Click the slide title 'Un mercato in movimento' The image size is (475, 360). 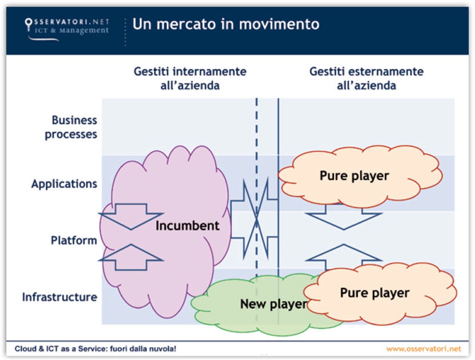226,24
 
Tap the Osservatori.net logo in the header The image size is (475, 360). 66,27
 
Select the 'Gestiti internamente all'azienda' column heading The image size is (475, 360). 190,79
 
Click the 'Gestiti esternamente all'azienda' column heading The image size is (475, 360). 366,79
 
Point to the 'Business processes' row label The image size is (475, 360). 71,127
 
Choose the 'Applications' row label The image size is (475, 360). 64,184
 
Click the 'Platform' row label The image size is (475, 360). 74,240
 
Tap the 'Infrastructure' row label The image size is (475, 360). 59,297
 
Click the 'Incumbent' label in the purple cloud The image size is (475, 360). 188,226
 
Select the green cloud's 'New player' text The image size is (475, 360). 273,304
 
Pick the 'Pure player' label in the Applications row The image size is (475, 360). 354,176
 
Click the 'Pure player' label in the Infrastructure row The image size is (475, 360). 374,293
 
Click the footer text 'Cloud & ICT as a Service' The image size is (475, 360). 95,349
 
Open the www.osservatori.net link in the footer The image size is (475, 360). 424,349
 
